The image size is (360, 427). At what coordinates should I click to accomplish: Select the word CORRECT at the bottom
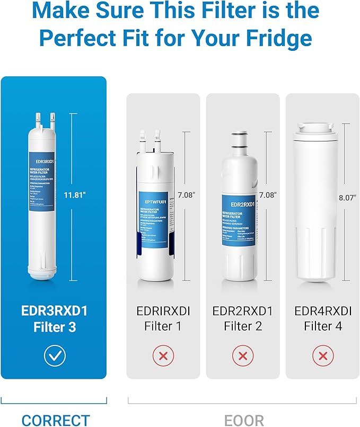[56, 420]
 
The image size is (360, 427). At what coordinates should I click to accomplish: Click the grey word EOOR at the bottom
[244, 420]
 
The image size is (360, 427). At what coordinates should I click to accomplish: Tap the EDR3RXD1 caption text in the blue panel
[55, 310]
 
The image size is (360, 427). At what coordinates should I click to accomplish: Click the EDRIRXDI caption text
[163, 310]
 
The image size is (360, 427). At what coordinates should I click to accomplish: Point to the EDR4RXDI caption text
[322, 310]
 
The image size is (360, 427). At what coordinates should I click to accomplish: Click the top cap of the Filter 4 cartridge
[315, 128]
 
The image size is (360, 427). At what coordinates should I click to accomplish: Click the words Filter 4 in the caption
[322, 327]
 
